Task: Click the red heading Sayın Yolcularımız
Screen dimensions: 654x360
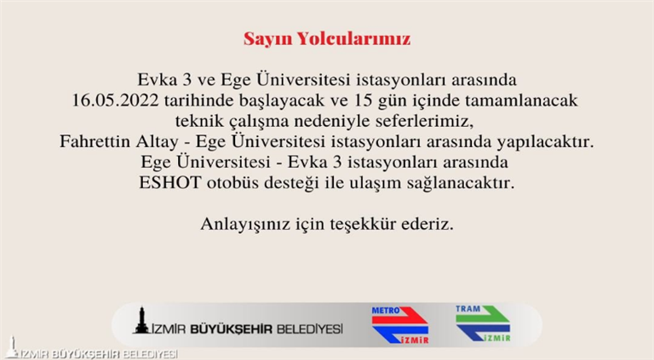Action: (x=327, y=39)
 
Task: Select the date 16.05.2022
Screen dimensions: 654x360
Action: (x=115, y=100)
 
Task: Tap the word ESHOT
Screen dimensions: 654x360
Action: (x=170, y=182)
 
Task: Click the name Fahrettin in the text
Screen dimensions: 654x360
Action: (x=95, y=141)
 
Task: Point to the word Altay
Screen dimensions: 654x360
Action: (x=158, y=142)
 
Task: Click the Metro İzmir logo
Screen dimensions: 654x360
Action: (x=399, y=325)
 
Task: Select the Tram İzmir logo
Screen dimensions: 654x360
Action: (x=483, y=323)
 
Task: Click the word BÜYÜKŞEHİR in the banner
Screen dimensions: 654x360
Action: (x=231, y=329)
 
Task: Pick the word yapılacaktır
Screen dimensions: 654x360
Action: (x=545, y=142)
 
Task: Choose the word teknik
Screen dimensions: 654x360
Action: (x=200, y=121)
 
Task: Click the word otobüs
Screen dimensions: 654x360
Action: (x=232, y=182)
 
